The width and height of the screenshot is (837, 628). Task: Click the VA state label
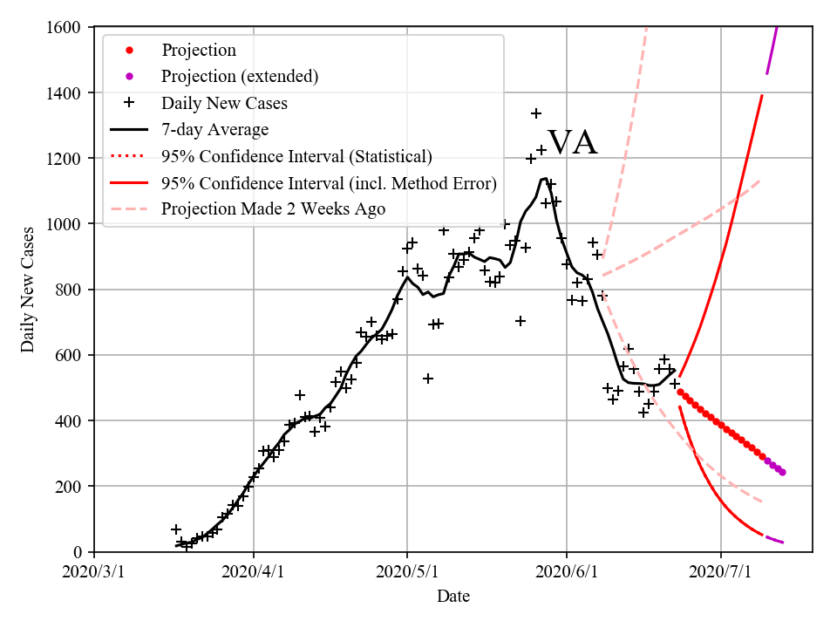tap(572, 143)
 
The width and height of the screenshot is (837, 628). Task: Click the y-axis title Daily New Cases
tap(29, 289)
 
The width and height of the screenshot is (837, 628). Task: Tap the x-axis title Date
tap(453, 597)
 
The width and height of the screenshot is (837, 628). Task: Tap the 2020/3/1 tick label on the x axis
tap(94, 573)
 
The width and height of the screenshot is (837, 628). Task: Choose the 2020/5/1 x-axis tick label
tap(407, 573)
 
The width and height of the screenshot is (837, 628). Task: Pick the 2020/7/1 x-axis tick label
tap(721, 573)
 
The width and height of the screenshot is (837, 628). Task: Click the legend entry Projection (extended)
tap(240, 77)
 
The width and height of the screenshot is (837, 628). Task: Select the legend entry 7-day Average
tap(214, 130)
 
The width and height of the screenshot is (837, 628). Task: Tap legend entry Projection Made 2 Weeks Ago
tap(273, 209)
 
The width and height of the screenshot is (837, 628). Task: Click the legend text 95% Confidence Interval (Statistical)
tap(296, 157)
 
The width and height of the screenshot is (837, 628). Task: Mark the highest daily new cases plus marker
tap(536, 113)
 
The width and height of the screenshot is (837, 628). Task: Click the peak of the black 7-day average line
tap(544, 179)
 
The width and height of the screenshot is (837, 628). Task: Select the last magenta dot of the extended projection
tap(782, 473)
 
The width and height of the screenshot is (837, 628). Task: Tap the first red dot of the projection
tap(680, 392)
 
